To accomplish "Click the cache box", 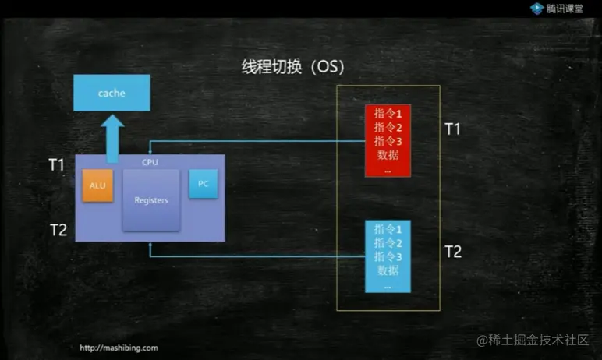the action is click(x=111, y=93).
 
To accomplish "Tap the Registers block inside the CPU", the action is click(x=151, y=200).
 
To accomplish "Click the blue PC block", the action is click(x=203, y=183).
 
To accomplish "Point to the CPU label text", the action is click(x=150, y=161).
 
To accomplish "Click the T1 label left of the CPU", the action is click(x=57, y=164).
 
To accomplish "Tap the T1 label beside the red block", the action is click(x=452, y=129).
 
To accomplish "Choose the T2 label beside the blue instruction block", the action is click(x=452, y=251).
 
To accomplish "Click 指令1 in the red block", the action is click(x=388, y=114).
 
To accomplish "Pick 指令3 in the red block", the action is click(x=388, y=140).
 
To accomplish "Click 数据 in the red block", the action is click(x=388, y=154).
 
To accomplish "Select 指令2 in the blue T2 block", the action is click(x=388, y=242).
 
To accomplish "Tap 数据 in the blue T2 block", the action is click(x=388, y=270).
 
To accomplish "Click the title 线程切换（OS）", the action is click(x=293, y=66).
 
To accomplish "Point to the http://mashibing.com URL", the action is click(x=119, y=348).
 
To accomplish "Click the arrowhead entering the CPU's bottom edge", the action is click(x=150, y=246).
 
